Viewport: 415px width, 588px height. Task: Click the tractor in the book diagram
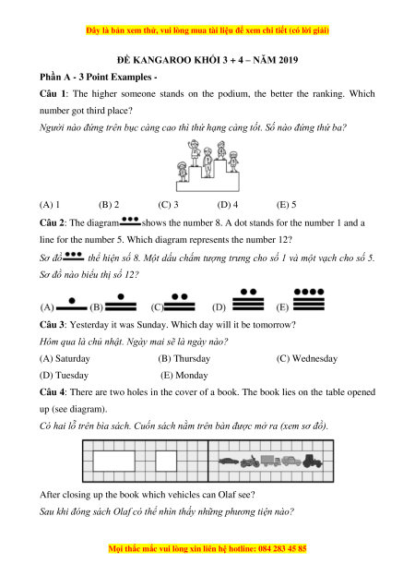pos(313,461)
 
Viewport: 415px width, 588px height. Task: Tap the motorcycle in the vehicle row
pos(250,462)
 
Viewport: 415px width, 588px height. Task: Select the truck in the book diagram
pos(270,461)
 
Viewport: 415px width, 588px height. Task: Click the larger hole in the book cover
pos(113,461)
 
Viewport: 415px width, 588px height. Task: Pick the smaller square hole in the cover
pos(166,461)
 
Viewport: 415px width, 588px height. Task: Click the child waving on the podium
pos(194,153)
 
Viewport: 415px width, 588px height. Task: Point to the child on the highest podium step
pos(221,150)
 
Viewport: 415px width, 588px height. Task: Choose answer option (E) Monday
pos(184,375)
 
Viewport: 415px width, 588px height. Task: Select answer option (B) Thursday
pos(184,358)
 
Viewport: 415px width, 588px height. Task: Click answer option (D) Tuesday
pos(64,375)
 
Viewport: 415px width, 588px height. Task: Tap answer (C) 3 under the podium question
pos(168,205)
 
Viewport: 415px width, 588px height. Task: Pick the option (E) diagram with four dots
pos(309,299)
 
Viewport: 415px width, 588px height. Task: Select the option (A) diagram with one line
pos(72,305)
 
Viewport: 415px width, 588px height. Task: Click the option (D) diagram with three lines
pos(248,300)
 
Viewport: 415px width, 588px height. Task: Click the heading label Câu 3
pos(52,325)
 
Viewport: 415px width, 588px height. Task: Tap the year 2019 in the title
pos(288,60)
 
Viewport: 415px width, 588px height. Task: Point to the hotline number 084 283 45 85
pos(282,548)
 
